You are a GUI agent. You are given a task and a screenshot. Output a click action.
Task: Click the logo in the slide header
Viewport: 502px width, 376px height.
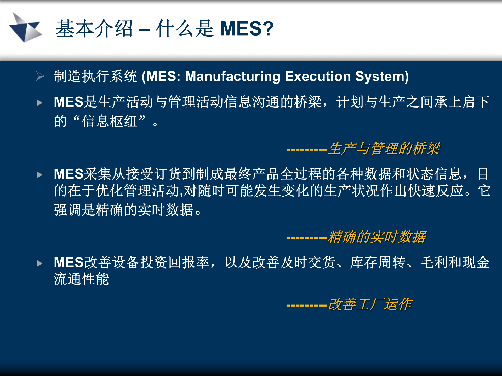pyautogui.click(x=25, y=28)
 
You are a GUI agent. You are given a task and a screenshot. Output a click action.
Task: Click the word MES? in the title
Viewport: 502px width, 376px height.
pyautogui.click(x=247, y=28)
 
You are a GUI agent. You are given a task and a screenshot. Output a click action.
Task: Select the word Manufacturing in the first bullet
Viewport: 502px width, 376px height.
pyautogui.click(x=233, y=77)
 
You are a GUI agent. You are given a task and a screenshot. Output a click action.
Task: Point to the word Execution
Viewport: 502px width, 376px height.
pyautogui.click(x=318, y=77)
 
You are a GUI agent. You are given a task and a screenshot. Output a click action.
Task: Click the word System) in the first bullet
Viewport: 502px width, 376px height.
pyautogui.click(x=382, y=77)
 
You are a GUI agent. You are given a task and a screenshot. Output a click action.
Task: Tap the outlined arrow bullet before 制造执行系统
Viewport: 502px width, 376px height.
pyautogui.click(x=40, y=76)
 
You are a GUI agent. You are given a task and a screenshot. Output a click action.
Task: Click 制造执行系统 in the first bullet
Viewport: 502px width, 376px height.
pyautogui.click(x=95, y=77)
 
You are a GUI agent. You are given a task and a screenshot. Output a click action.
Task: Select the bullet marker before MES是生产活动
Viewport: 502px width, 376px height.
pyautogui.click(x=40, y=103)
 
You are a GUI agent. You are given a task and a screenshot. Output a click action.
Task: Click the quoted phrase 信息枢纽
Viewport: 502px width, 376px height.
pyautogui.click(x=109, y=121)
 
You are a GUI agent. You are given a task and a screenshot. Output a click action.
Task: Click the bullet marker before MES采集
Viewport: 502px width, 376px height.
pyautogui.click(x=40, y=175)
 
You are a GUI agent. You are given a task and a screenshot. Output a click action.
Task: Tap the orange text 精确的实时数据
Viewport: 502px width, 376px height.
pyautogui.click(x=377, y=237)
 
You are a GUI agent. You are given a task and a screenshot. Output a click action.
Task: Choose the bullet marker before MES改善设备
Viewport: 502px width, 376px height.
pyautogui.click(x=40, y=263)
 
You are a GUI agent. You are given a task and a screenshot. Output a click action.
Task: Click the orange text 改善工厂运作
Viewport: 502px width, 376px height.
pyautogui.click(x=370, y=304)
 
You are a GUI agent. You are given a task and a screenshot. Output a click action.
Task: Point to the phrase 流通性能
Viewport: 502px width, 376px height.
pyautogui.click(x=81, y=279)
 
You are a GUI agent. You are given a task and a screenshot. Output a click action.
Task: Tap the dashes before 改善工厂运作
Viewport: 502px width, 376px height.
pyautogui.click(x=307, y=305)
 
